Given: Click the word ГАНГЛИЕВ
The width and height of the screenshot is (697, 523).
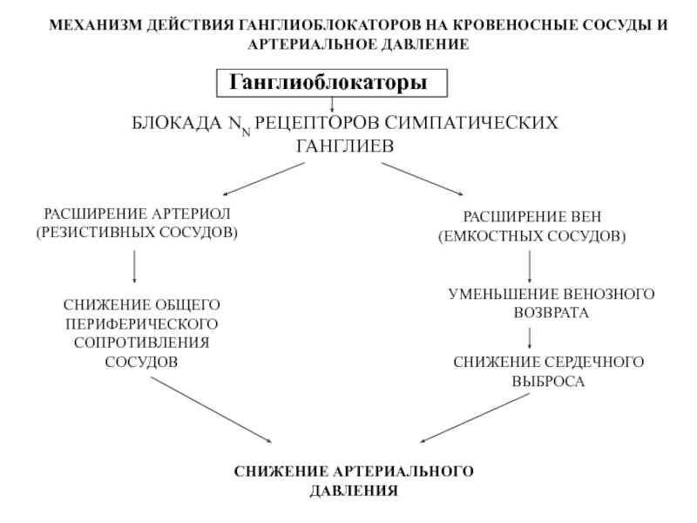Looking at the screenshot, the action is (345, 146).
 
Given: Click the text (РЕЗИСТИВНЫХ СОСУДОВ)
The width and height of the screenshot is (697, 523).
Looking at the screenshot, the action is (136, 233).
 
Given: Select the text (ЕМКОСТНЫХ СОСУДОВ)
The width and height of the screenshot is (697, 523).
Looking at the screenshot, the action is (531, 236).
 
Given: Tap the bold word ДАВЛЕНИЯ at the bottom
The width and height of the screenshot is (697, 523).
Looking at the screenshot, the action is (354, 491).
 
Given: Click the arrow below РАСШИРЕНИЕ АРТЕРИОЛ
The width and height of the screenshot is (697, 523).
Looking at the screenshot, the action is (134, 267).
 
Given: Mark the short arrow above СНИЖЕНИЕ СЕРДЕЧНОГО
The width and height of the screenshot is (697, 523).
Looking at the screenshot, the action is (531, 340).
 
